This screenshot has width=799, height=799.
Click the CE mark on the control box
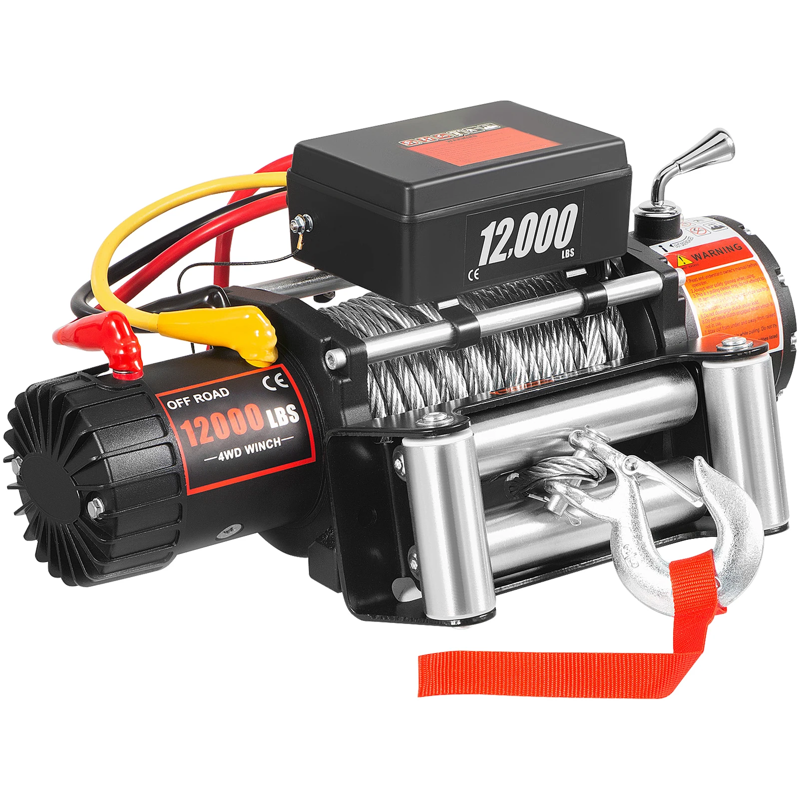tap(473, 274)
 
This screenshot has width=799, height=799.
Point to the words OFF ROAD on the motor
tap(198, 398)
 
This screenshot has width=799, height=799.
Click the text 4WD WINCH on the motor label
tap(250, 448)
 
